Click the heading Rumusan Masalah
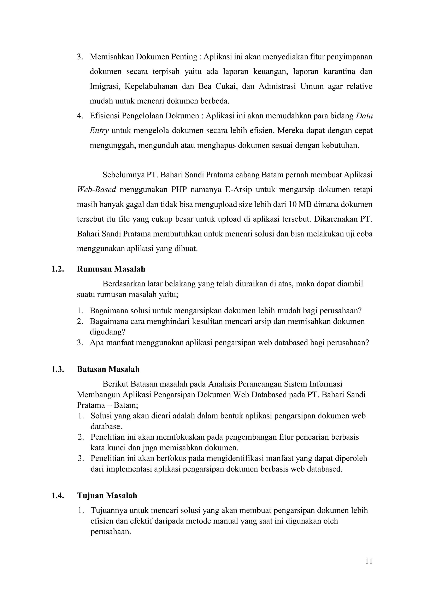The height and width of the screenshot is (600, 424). [111, 269]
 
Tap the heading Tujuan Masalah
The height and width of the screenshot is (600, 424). [107, 496]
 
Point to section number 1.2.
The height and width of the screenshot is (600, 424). [57, 269]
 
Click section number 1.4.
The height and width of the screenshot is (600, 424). [57, 496]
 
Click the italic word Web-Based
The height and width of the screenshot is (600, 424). [96, 189]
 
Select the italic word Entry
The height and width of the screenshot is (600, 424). [99, 130]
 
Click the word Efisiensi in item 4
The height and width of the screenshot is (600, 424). [104, 116]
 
